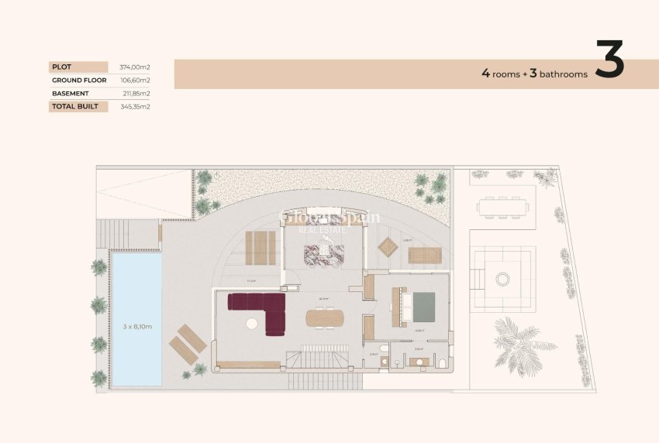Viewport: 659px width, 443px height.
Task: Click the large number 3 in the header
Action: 610,60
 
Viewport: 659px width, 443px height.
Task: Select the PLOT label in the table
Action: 60,67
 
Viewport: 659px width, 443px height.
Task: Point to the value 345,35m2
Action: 135,107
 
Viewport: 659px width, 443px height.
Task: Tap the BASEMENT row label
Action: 71,94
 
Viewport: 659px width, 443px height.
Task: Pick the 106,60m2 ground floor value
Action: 135,81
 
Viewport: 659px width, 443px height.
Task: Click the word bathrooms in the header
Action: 564,74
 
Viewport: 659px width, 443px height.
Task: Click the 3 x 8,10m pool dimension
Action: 136,327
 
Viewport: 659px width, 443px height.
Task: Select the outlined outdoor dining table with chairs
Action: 503,207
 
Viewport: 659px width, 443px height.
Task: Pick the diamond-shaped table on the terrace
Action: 388,247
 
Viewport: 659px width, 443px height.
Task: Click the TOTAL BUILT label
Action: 75,107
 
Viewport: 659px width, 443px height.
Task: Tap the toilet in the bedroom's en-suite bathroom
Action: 442,363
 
